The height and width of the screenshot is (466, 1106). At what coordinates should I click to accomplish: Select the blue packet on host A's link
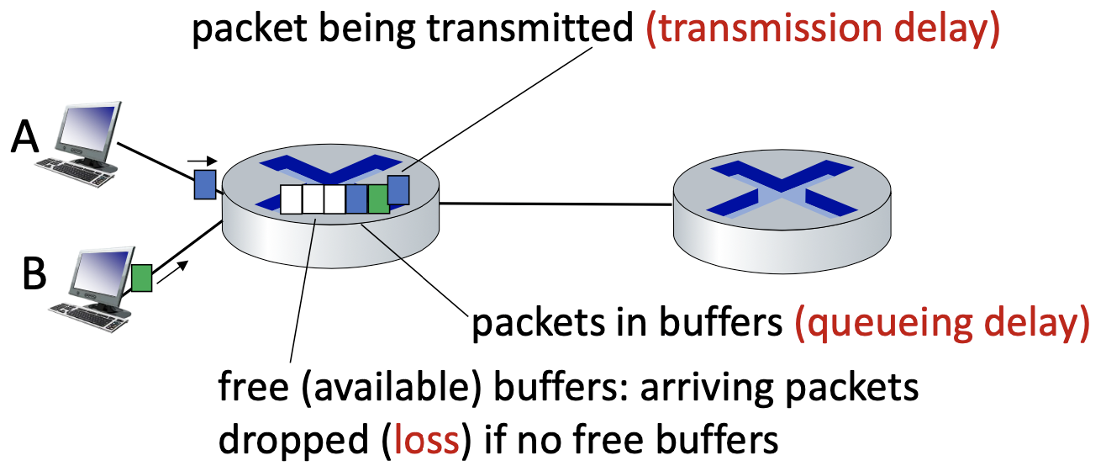[204, 184]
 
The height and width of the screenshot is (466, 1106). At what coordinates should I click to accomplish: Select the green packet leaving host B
[142, 278]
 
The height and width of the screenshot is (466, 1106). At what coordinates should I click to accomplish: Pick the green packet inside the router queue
[378, 198]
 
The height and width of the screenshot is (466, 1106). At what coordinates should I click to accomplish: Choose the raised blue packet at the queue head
[398, 189]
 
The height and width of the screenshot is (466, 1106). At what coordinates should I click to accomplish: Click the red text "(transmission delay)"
[822, 31]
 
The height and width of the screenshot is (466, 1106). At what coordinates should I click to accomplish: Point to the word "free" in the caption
[245, 391]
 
